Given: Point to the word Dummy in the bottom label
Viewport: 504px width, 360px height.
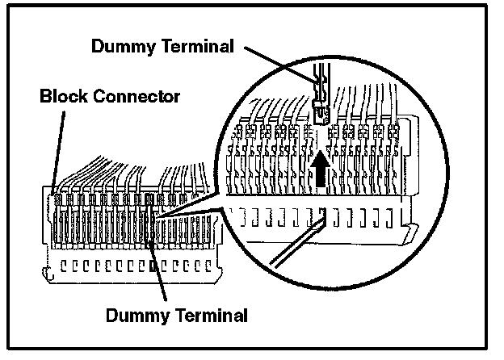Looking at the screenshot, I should coord(134,312).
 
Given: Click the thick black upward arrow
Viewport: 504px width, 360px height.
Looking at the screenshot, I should coord(321,171).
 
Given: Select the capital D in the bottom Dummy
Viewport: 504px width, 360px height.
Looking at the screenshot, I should coord(113,312).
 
